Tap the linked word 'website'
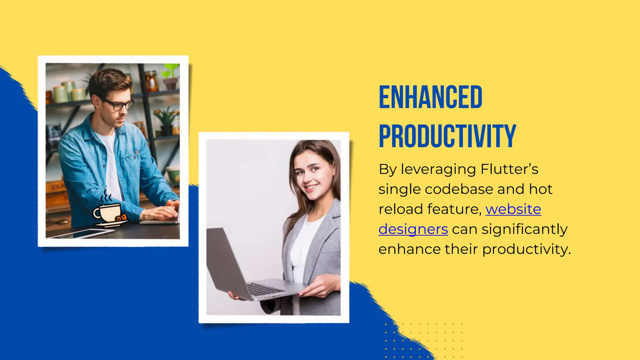click(x=513, y=209)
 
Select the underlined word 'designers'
click(x=413, y=229)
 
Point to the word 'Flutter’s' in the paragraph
click(x=509, y=169)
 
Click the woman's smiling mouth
click(x=311, y=187)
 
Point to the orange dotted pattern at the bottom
click(x=423, y=341)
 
